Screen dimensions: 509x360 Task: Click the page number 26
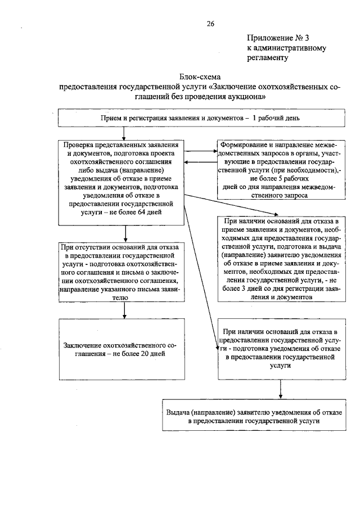click(211, 24)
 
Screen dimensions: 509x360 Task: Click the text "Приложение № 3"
click(278, 38)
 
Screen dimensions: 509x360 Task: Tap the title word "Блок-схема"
click(201, 76)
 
